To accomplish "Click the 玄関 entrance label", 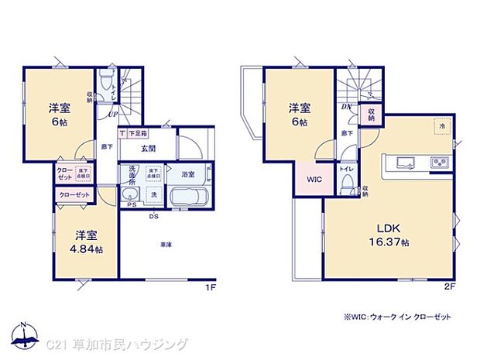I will [149, 149].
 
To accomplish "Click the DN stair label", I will [346, 107].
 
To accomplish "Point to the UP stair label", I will [113, 114].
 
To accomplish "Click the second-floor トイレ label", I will [346, 168].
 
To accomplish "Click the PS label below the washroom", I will [131, 206].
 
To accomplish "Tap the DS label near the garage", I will [154, 216].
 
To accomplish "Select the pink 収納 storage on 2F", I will [371, 115].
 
